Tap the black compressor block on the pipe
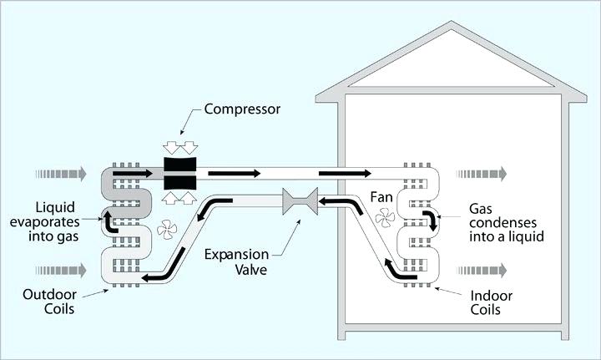point(179,174)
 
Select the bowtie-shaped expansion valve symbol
point(297,203)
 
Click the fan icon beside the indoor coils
point(385,219)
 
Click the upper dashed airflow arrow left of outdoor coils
point(60,174)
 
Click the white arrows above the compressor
point(179,147)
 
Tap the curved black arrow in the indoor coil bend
point(432,221)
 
